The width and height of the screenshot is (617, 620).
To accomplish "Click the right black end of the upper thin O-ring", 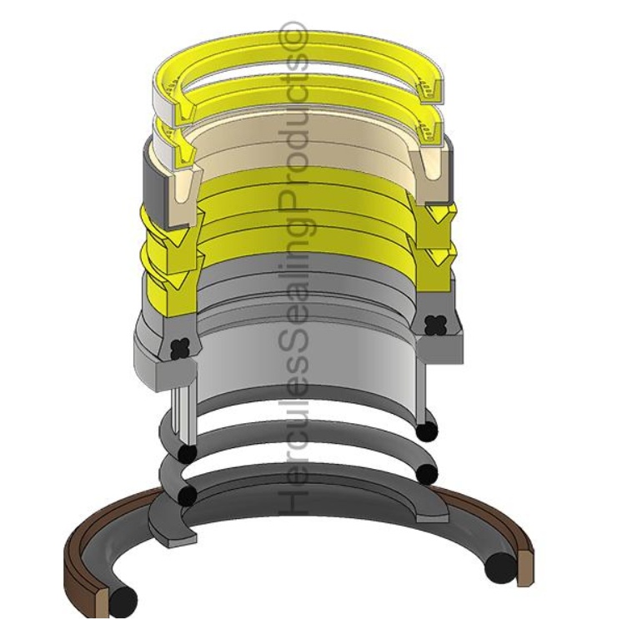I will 427,430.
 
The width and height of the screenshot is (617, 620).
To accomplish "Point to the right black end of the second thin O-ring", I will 427,473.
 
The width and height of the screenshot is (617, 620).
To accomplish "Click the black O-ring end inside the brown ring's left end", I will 124,597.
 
